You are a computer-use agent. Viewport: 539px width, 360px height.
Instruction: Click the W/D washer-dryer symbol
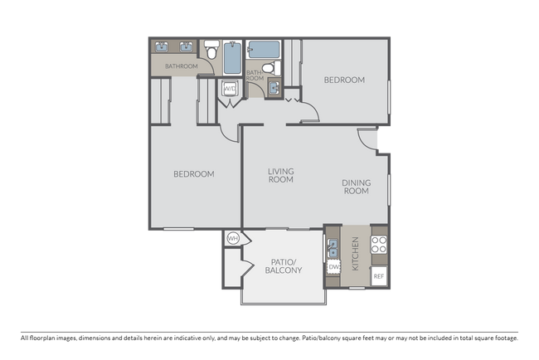(230, 89)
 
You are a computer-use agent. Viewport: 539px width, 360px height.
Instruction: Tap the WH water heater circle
(233, 238)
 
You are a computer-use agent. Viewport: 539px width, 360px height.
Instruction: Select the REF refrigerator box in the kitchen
(379, 276)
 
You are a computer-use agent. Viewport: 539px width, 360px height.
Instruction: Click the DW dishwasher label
(333, 267)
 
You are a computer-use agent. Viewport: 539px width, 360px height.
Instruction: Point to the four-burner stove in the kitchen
(379, 245)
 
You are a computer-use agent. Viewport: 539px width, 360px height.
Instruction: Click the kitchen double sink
(333, 248)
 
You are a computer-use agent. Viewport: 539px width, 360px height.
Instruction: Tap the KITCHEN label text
(356, 254)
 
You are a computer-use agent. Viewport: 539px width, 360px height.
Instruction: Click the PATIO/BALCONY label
(284, 266)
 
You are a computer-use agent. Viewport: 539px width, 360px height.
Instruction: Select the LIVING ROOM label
(281, 175)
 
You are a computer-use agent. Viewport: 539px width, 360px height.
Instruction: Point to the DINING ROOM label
(357, 187)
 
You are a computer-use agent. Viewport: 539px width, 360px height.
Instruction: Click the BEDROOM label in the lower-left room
(194, 174)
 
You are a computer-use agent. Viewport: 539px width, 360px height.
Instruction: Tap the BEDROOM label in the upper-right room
(344, 80)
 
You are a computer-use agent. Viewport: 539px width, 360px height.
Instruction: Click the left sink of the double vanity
(161, 46)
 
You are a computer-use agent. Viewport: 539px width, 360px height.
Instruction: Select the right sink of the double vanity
(186, 46)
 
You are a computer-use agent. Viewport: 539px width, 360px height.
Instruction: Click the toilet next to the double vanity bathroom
(211, 50)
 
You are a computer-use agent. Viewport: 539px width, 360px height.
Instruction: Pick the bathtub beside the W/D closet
(233, 57)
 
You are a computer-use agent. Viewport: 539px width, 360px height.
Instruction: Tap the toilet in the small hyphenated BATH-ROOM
(271, 68)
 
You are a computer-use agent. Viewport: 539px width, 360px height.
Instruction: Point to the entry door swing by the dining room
(367, 139)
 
